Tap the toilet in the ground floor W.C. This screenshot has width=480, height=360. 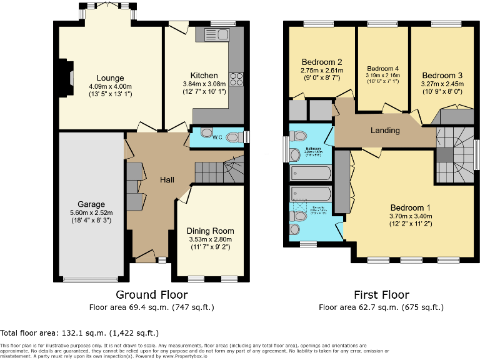[x=233, y=137]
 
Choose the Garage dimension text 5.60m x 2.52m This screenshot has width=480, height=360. [x=91, y=212]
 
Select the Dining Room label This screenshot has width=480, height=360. [x=210, y=231]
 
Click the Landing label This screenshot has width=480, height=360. [x=385, y=130]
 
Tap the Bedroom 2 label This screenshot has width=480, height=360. [x=321, y=62]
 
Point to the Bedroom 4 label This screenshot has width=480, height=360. [x=382, y=69]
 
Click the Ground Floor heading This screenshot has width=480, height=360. [x=152, y=294]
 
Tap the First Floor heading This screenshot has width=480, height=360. [x=381, y=294]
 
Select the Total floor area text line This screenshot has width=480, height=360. [x=79, y=333]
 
